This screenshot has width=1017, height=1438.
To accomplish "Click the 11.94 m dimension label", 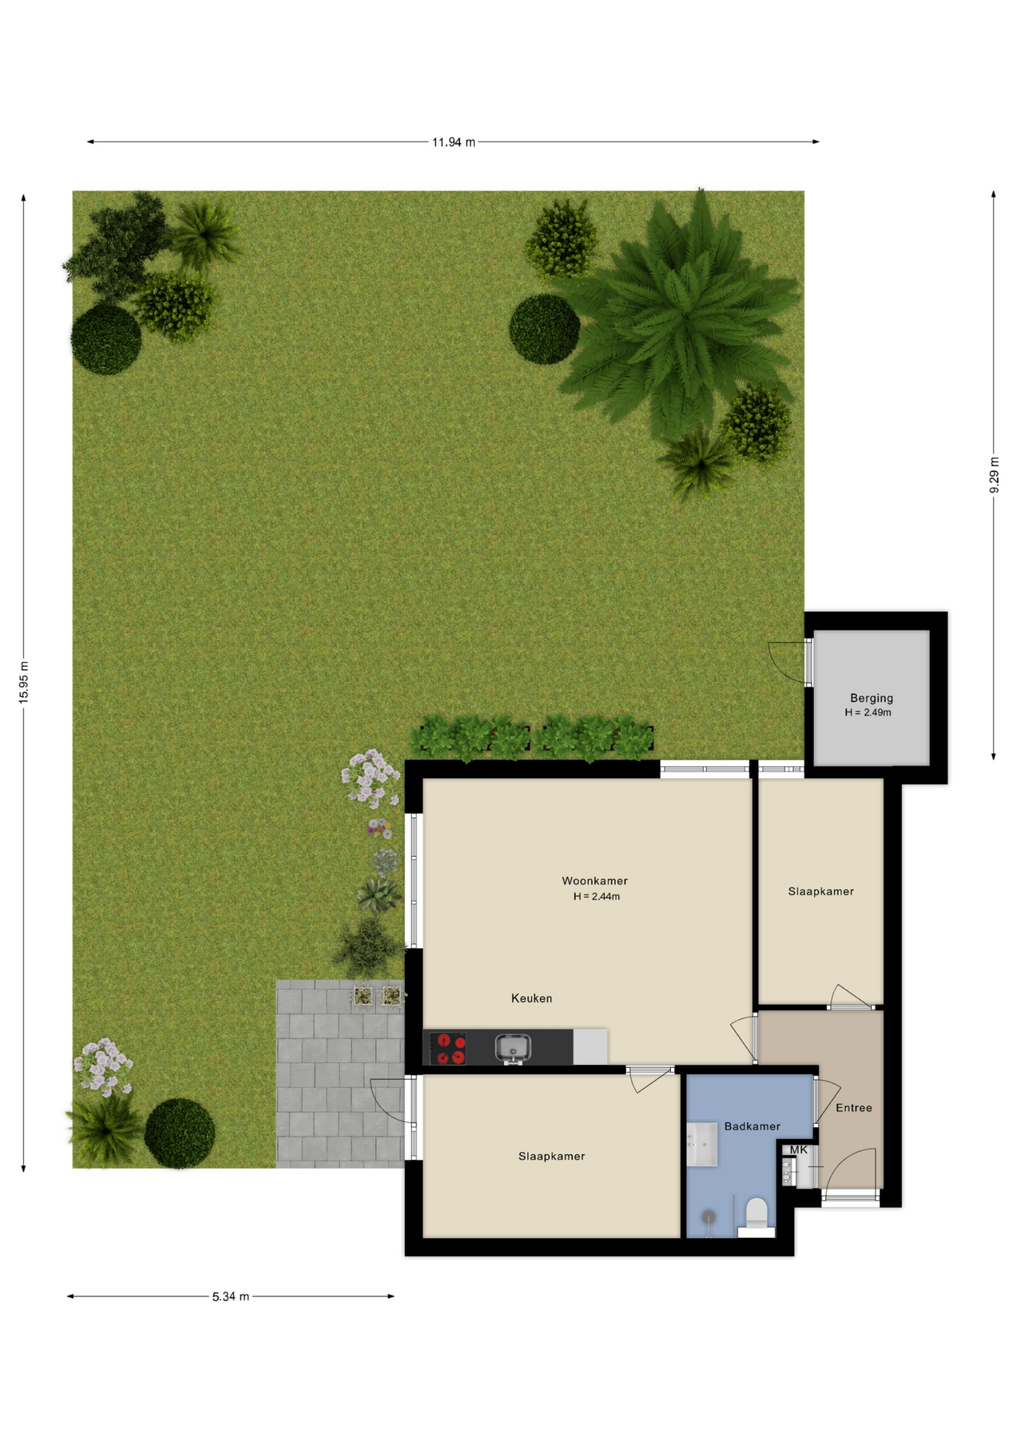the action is click(x=453, y=142).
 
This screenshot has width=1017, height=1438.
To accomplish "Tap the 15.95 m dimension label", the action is click(x=24, y=682).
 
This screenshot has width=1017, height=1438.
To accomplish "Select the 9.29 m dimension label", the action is click(x=994, y=475).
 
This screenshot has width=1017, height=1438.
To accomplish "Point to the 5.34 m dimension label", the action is click(x=231, y=1296).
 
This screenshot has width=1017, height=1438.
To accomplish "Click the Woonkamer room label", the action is click(x=595, y=881).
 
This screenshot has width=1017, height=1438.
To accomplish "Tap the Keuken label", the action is click(x=532, y=998).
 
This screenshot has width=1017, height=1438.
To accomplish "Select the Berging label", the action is click(x=872, y=698).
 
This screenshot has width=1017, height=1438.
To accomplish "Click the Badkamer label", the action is click(x=752, y=1126).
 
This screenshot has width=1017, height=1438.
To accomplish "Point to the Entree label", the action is click(x=854, y=1108).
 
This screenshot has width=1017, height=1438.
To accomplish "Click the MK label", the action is click(x=799, y=1150).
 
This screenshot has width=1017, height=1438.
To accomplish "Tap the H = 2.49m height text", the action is click(x=868, y=712).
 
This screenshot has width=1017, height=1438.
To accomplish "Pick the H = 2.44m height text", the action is click(x=597, y=897).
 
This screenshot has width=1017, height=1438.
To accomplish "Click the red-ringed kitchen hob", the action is click(x=448, y=1048).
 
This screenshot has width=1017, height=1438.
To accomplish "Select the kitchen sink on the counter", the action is click(x=513, y=1048).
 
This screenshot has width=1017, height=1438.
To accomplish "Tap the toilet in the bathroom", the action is click(x=756, y=1216).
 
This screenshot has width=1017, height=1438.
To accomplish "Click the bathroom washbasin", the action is click(x=702, y=1144).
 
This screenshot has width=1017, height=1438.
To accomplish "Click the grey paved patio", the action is click(x=341, y=1074).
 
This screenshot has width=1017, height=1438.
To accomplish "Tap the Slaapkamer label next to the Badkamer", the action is click(x=552, y=1156).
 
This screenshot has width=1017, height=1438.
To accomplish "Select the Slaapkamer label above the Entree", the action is click(x=821, y=891).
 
